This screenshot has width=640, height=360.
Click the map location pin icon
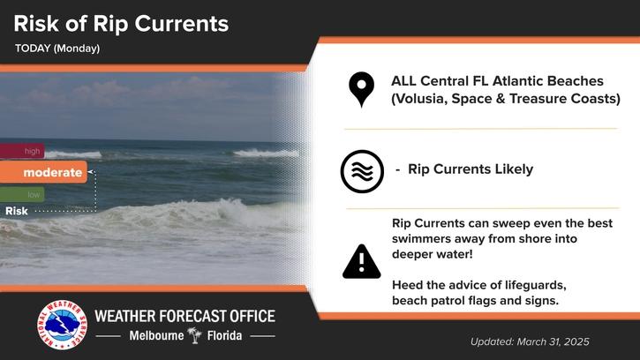361,87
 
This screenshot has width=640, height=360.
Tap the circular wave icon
362,171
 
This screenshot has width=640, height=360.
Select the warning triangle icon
362,262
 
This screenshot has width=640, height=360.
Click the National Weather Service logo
62,325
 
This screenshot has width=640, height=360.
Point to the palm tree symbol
195,335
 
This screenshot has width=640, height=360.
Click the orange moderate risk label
43,172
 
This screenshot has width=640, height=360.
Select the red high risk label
22,151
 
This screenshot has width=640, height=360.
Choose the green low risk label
22,195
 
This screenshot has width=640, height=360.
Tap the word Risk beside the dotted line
17,211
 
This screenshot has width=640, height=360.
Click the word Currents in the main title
182,24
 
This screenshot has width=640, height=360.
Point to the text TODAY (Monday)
57,49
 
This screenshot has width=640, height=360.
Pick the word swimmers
418,238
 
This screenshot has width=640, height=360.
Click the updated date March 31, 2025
553,341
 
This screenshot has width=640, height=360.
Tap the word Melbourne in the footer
156,335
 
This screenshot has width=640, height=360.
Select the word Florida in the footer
224,335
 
